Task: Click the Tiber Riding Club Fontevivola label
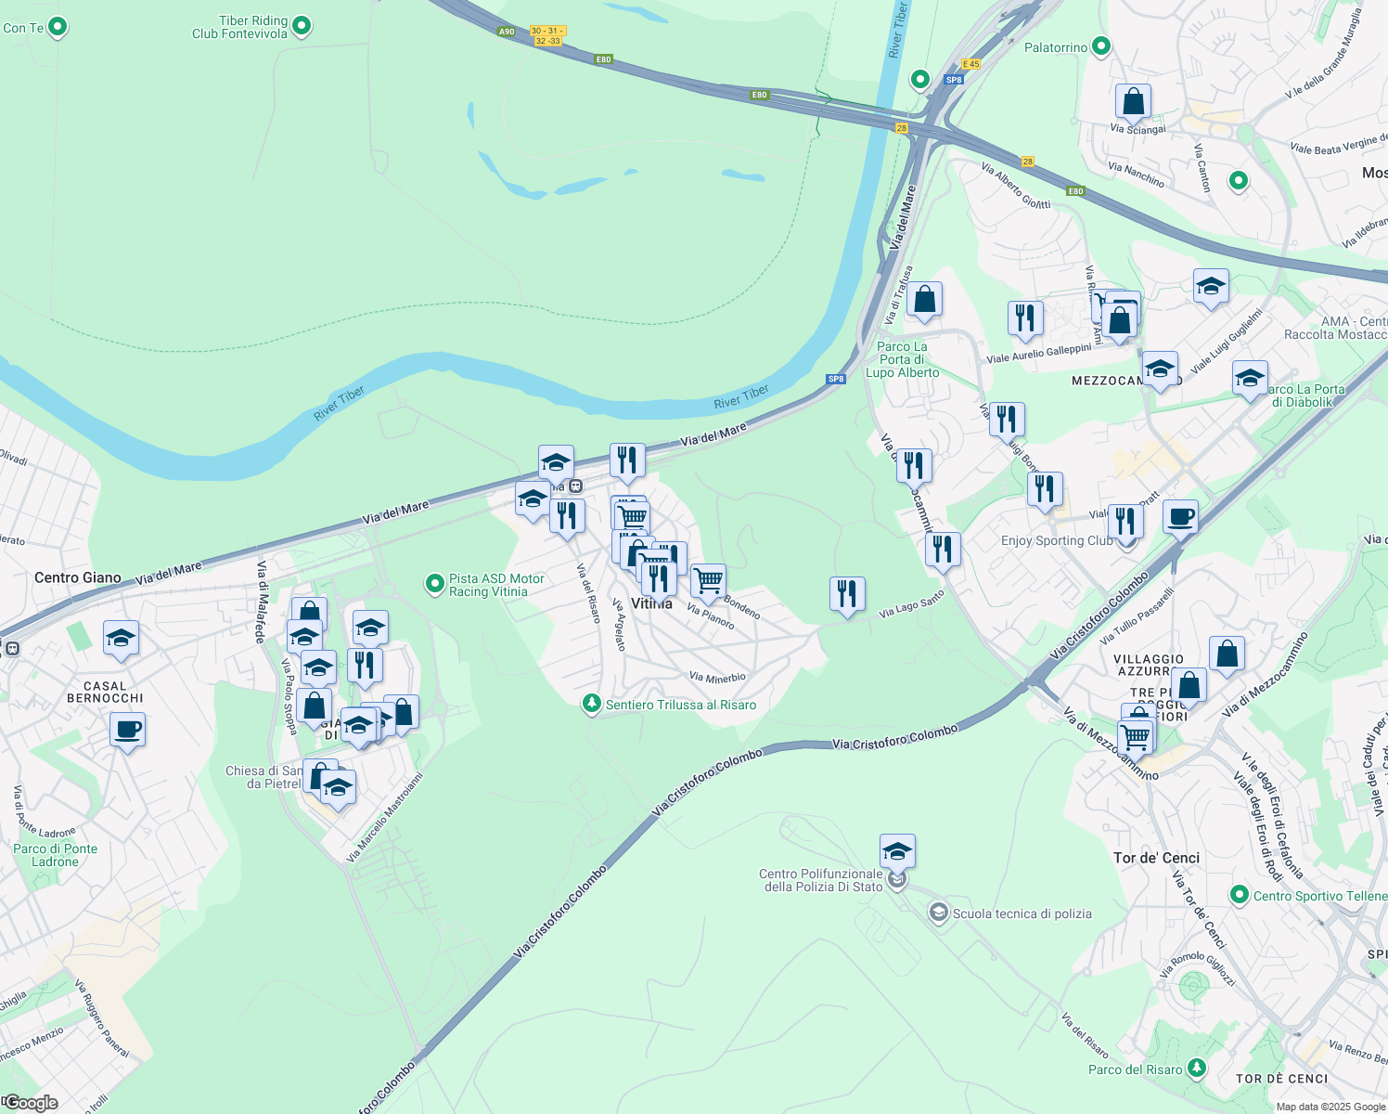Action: click(x=239, y=27)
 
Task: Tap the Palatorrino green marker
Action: click(x=1101, y=46)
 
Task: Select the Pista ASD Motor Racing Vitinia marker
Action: click(x=435, y=584)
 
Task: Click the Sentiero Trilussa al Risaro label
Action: click(x=680, y=706)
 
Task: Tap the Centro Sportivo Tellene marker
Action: click(x=1239, y=896)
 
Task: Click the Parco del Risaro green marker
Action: click(x=1197, y=1069)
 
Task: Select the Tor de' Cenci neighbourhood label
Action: click(x=1156, y=858)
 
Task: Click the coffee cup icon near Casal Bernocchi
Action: click(x=127, y=730)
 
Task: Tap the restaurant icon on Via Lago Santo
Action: click(x=847, y=594)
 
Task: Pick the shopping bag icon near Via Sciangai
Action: click(x=1133, y=101)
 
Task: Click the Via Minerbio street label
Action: click(x=717, y=677)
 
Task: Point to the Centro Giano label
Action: click(x=78, y=577)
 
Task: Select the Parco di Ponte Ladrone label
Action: click(x=55, y=855)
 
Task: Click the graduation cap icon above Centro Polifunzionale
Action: click(x=897, y=850)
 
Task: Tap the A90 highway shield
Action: click(x=506, y=32)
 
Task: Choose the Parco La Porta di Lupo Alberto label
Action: click(x=902, y=359)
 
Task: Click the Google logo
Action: click(x=31, y=1103)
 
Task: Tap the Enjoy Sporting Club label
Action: click(x=1056, y=540)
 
